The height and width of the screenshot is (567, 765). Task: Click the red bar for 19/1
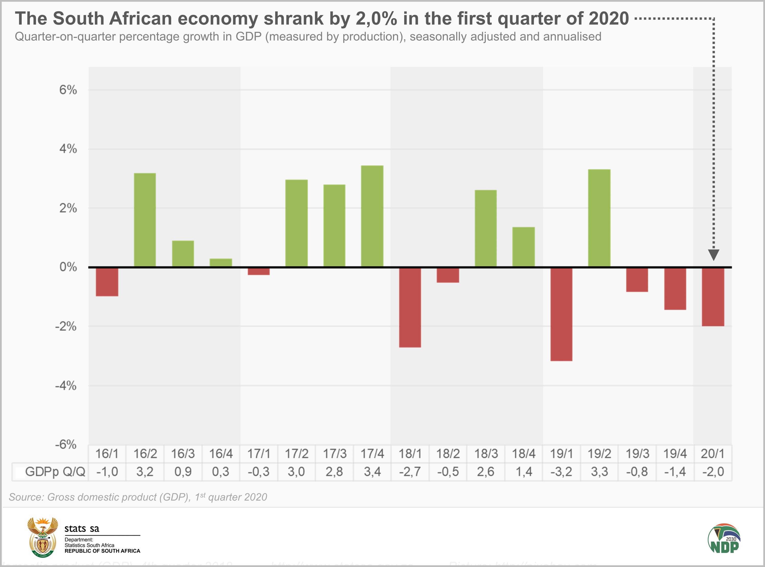[561, 314]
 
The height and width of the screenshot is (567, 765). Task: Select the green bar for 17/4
[372, 216]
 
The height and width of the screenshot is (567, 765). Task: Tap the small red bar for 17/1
[259, 272]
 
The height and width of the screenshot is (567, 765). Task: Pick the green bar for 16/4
[221, 263]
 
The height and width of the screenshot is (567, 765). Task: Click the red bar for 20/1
[713, 297]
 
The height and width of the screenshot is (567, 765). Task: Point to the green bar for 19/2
[599, 218]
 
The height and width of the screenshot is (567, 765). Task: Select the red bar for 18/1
[410, 307]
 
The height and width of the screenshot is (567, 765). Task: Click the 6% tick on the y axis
[68, 90]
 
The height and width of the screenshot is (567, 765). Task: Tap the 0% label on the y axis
[68, 267]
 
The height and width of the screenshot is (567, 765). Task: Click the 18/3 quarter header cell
[486, 454]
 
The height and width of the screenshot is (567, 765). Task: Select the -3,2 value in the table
[561, 472]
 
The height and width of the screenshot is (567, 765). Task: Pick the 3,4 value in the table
[372, 472]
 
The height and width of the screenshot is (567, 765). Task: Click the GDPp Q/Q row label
[55, 472]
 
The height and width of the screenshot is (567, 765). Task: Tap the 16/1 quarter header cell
[107, 454]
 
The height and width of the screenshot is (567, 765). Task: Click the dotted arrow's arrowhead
[713, 255]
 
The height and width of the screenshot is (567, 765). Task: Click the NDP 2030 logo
[724, 538]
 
